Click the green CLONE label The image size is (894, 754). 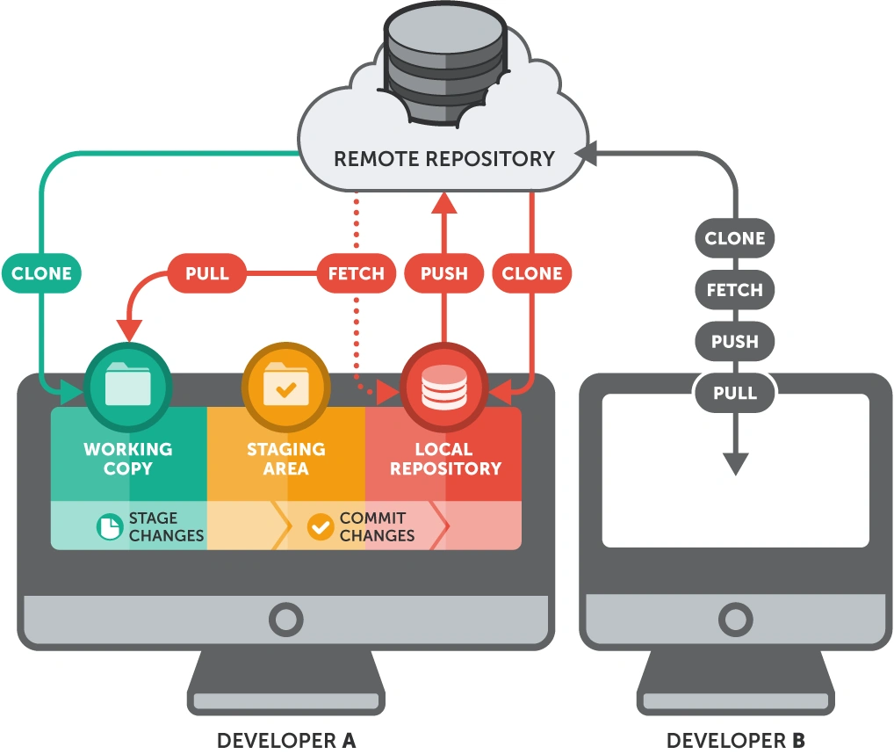41,273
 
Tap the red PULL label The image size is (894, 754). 207,273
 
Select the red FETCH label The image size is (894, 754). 356,273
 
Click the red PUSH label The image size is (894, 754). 443,273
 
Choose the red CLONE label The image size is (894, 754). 531,273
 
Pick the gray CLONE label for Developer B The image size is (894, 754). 735,238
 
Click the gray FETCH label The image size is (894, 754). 735,290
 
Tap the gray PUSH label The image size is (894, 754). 735,342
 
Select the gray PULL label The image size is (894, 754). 735,393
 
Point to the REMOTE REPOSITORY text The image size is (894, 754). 444,159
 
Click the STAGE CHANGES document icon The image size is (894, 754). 109,526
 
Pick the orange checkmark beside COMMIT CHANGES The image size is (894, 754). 321,526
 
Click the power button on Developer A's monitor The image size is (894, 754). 285,620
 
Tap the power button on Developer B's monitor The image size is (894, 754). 735,620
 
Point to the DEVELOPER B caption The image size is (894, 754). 735,740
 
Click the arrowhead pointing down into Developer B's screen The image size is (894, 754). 735,463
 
